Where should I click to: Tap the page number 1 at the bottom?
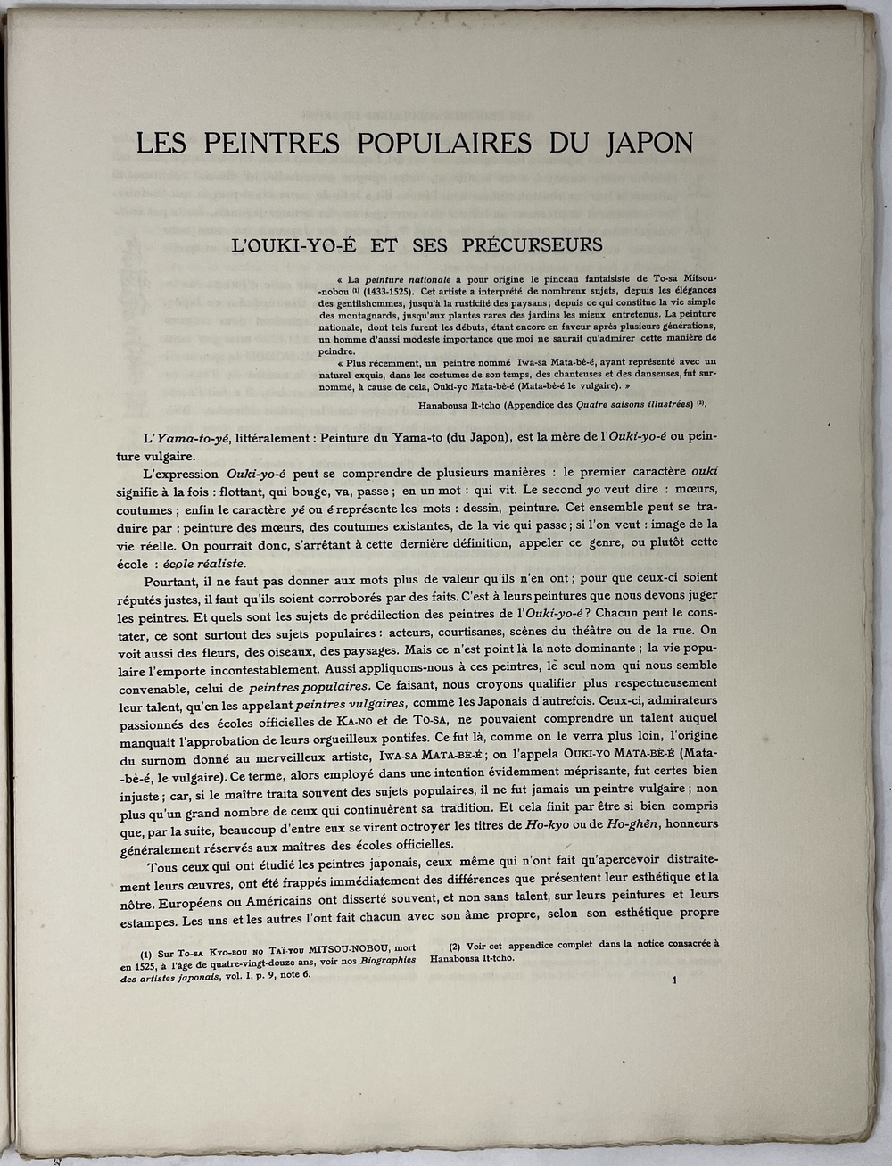pyautogui.click(x=676, y=982)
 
